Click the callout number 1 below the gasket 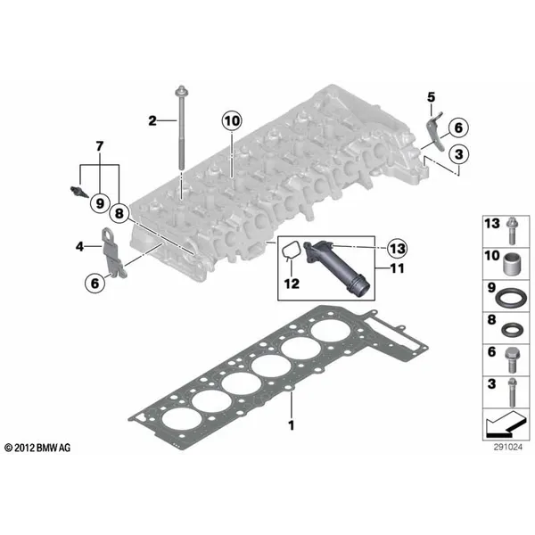pos(291,425)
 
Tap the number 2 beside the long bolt pos(152,120)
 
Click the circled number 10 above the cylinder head pos(232,120)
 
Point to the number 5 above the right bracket pos(432,97)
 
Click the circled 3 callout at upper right pos(459,154)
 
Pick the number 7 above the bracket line pos(99,146)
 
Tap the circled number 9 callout pos(100,203)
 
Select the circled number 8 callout pos(119,214)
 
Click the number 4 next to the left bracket pos(79,246)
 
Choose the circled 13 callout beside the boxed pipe pos(398,248)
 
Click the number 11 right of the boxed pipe pos(397,268)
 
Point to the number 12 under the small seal pos(292,284)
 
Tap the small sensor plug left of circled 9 pos(78,192)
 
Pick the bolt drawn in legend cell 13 pos(511,230)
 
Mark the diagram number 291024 pos(507,447)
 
